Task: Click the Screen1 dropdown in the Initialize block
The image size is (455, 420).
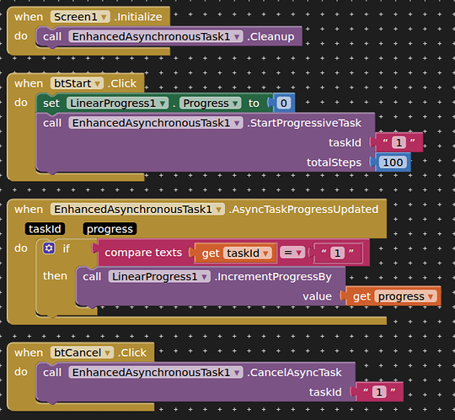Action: click(80, 17)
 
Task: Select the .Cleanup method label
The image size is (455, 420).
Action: click(270, 37)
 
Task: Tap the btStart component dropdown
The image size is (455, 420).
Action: click(77, 83)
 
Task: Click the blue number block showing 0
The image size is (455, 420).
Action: click(283, 104)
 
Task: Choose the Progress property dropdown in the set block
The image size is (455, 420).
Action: click(210, 104)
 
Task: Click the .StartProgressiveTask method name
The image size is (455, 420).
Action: click(304, 123)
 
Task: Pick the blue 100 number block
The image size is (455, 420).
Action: click(393, 162)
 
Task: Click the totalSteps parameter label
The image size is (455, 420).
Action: click(334, 162)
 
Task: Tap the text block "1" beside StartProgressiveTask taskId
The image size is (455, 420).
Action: click(399, 142)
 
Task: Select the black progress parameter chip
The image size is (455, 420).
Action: click(110, 229)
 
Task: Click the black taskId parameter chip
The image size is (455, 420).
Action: click(45, 229)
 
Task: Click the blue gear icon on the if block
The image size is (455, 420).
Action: click(49, 248)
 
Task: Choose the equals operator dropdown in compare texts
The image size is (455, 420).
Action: click(292, 253)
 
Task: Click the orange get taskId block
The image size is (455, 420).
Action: click(235, 253)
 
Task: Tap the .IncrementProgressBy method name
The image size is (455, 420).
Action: click(273, 277)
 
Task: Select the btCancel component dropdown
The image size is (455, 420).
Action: click(82, 353)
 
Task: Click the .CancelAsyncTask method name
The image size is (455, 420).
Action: click(294, 373)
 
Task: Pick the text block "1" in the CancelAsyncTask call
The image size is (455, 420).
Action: click(379, 392)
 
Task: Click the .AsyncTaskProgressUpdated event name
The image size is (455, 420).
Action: click(303, 210)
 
